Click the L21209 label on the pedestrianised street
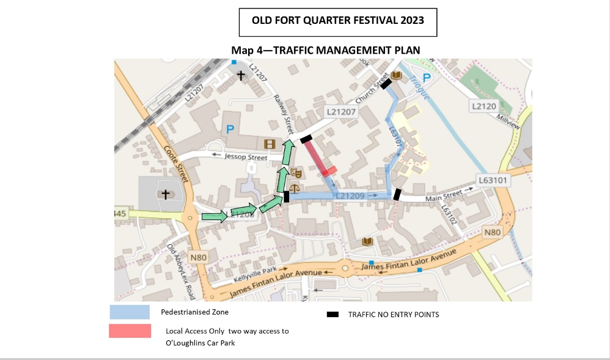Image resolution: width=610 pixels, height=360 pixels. [350, 196]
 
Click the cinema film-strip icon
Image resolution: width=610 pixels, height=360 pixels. [270, 144]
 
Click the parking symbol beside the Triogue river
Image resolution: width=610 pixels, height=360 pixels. [427, 78]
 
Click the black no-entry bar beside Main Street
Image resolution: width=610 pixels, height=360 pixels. [397, 194]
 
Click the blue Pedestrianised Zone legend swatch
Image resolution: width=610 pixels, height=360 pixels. [130, 312]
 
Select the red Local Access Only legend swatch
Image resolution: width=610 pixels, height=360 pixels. [130, 331]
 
